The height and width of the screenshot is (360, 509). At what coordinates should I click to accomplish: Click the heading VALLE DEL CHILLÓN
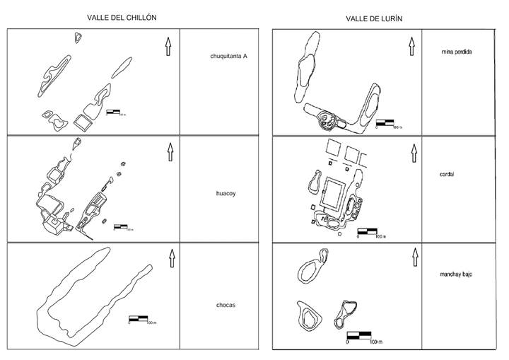point(122,16)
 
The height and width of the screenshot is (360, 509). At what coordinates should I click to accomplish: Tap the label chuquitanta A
point(228,57)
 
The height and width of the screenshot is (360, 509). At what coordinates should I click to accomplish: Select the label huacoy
point(226,192)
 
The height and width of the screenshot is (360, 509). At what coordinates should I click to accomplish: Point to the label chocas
point(226,305)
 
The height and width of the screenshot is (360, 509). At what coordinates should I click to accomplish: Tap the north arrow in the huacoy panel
point(170,151)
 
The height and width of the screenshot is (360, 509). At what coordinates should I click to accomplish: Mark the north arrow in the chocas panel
point(172,257)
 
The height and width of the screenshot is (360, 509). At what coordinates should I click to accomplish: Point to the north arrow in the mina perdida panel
point(410,47)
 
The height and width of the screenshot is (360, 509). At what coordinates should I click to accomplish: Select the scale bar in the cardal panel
point(367,231)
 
